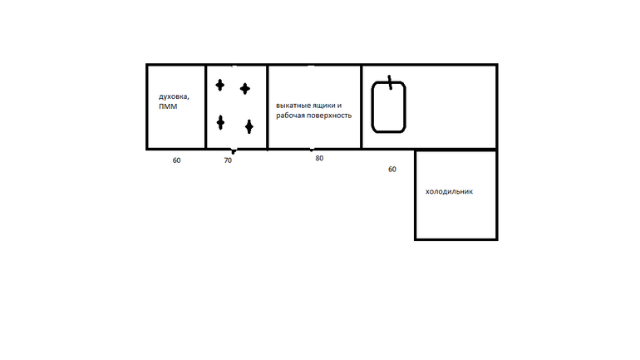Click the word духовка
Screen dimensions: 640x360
click(x=174, y=96)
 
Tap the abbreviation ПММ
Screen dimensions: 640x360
click(x=168, y=106)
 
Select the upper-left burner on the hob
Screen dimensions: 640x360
click(x=220, y=86)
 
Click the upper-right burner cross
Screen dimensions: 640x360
click(x=245, y=89)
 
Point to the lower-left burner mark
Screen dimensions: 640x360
click(x=220, y=122)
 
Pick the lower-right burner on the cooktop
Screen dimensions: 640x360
click(x=249, y=126)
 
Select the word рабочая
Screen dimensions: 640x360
click(x=290, y=116)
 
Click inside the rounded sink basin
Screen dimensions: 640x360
click(x=389, y=108)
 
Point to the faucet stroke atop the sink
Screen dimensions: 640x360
click(x=390, y=82)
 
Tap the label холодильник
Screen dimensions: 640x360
click(x=449, y=191)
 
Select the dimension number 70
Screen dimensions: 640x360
click(x=228, y=160)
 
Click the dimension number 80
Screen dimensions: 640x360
click(x=319, y=158)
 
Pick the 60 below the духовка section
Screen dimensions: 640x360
click(x=176, y=160)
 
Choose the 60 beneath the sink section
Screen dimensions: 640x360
click(x=391, y=169)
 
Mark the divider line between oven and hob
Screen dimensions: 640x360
click(x=206, y=107)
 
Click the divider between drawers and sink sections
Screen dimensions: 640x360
click(x=362, y=107)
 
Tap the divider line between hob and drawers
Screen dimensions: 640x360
click(x=268, y=107)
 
